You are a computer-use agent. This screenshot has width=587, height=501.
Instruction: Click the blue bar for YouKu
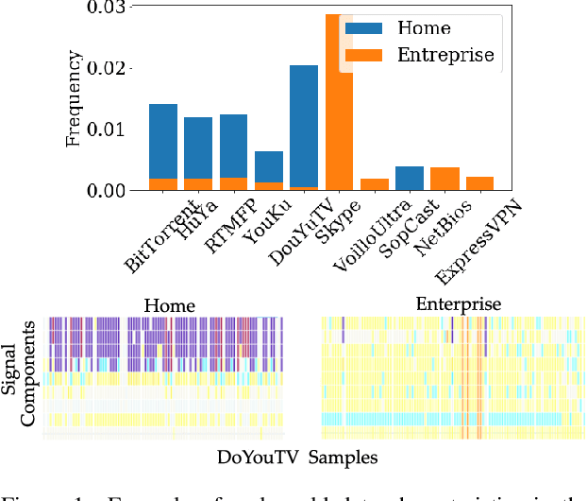(x=268, y=166)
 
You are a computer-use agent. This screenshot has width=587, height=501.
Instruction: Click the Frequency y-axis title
(x=75, y=98)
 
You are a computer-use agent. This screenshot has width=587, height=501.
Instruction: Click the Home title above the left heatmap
(x=169, y=305)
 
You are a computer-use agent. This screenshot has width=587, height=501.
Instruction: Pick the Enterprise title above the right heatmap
(x=458, y=303)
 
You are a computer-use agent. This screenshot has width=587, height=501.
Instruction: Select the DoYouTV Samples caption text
(x=297, y=458)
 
